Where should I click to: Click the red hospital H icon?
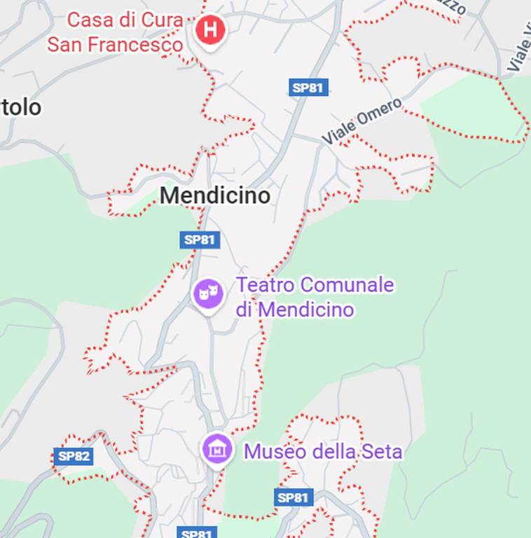210,30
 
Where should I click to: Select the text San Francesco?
115,45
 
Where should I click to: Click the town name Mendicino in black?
214,195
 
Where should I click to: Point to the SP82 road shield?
74,457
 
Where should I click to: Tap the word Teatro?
265,286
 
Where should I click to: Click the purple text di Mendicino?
295,309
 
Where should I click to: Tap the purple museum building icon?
217,449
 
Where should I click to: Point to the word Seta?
382,452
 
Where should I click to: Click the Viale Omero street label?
362,121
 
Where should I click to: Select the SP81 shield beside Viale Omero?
308,88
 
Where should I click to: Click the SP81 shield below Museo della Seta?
293,497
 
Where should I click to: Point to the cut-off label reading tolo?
21,107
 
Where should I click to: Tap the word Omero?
380,113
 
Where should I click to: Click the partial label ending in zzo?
454,8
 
